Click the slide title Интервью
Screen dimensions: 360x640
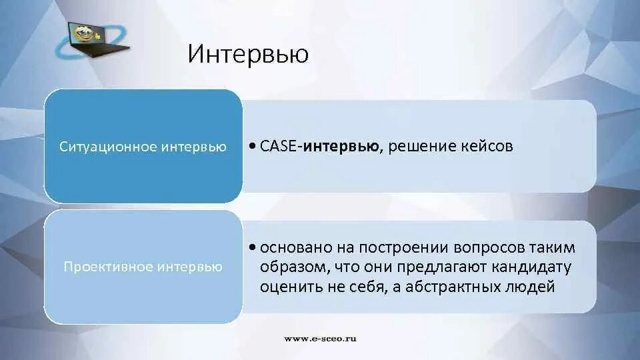tap(248, 54)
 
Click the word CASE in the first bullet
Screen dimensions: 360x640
tap(279, 146)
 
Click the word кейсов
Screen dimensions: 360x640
tap(487, 146)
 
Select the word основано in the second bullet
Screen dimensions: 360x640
tap(291, 248)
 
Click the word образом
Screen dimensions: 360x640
tap(290, 267)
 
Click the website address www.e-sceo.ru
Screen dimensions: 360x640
tap(320, 339)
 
